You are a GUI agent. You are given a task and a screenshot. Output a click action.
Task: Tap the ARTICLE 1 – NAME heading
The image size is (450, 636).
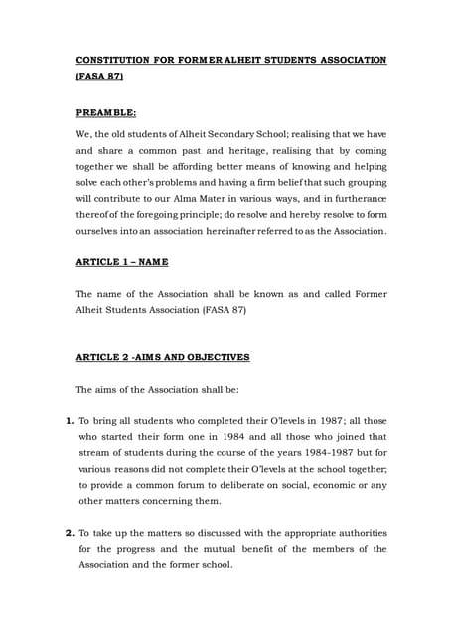click(122, 263)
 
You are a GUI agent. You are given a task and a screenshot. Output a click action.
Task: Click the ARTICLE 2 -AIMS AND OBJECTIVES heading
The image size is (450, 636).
click(163, 356)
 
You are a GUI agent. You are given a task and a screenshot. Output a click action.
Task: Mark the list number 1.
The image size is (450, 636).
click(70, 420)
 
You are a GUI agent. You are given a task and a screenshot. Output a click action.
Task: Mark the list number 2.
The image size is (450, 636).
click(70, 533)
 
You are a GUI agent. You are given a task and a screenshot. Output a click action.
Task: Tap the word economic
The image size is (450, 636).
click(336, 485)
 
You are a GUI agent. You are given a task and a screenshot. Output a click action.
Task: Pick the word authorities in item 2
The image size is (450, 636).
click(359, 533)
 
